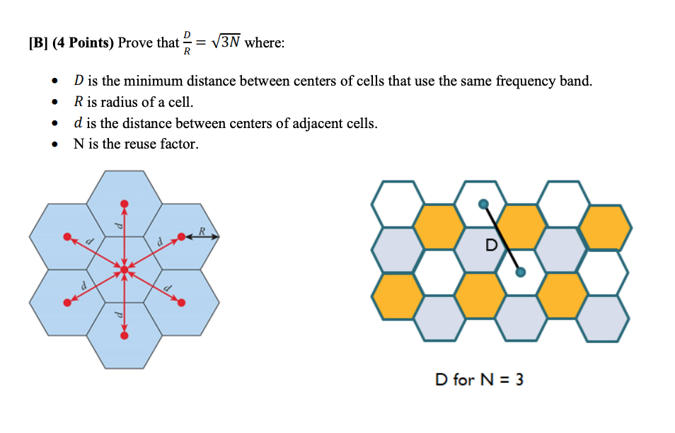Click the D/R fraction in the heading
pos(187,42)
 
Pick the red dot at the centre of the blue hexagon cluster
pos(125,270)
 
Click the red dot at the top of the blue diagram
pos(125,204)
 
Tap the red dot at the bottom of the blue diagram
pos(125,335)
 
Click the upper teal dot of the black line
pos(483,204)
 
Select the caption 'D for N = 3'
pos(479,380)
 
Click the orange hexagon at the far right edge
pos(605,227)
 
